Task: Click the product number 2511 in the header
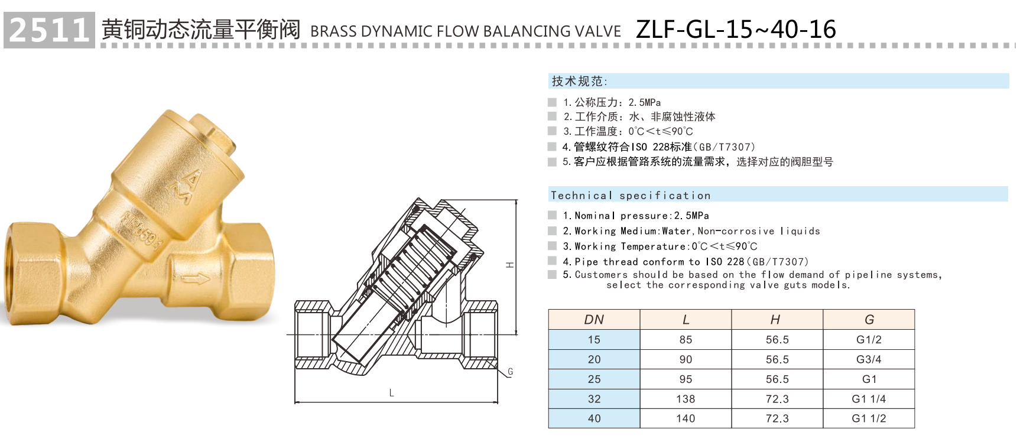coord(49,30)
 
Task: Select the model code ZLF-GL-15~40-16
coord(736,30)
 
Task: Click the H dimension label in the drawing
coord(510,265)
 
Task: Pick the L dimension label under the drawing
coord(391,393)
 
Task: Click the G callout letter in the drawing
coord(510,372)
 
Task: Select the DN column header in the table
coord(594,320)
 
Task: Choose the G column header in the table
coord(869,320)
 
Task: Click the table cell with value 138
coord(686,399)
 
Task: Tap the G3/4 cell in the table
coord(869,359)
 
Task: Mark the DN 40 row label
coord(594,418)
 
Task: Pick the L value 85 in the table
coord(686,340)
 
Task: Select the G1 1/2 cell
coord(869,418)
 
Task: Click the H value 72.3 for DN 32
coord(777,399)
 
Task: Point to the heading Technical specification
coord(631,196)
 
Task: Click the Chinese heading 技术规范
coord(579,82)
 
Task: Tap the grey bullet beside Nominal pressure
coord(553,216)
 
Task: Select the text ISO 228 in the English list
coord(725,262)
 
